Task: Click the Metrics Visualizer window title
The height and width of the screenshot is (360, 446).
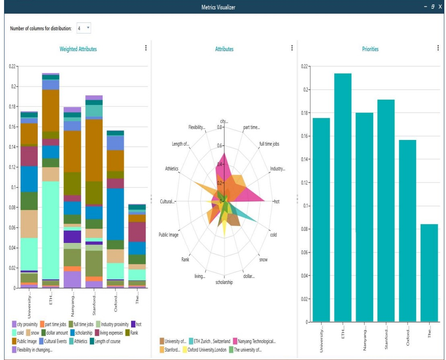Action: click(218, 7)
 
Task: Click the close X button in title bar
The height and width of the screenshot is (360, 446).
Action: click(440, 7)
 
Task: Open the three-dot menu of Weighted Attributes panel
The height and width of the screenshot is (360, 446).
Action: click(146, 48)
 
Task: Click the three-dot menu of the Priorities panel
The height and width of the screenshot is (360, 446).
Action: click(438, 48)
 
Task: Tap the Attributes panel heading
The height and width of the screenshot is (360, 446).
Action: click(224, 49)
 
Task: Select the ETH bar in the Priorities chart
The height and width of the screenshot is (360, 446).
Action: click(343, 197)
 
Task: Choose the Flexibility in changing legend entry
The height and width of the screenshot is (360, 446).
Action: click(34, 350)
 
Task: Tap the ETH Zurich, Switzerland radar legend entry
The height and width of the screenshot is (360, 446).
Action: click(209, 341)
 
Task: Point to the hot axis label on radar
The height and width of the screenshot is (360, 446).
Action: click(277, 202)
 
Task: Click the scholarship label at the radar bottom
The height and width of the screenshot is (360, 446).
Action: click(224, 282)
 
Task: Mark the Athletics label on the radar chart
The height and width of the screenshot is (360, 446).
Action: click(171, 169)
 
